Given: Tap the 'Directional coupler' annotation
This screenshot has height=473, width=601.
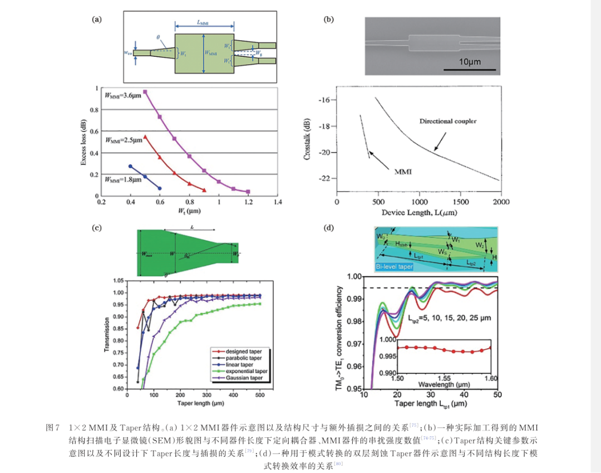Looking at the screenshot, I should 447,121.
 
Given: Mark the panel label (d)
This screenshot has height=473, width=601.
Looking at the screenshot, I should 329,227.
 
